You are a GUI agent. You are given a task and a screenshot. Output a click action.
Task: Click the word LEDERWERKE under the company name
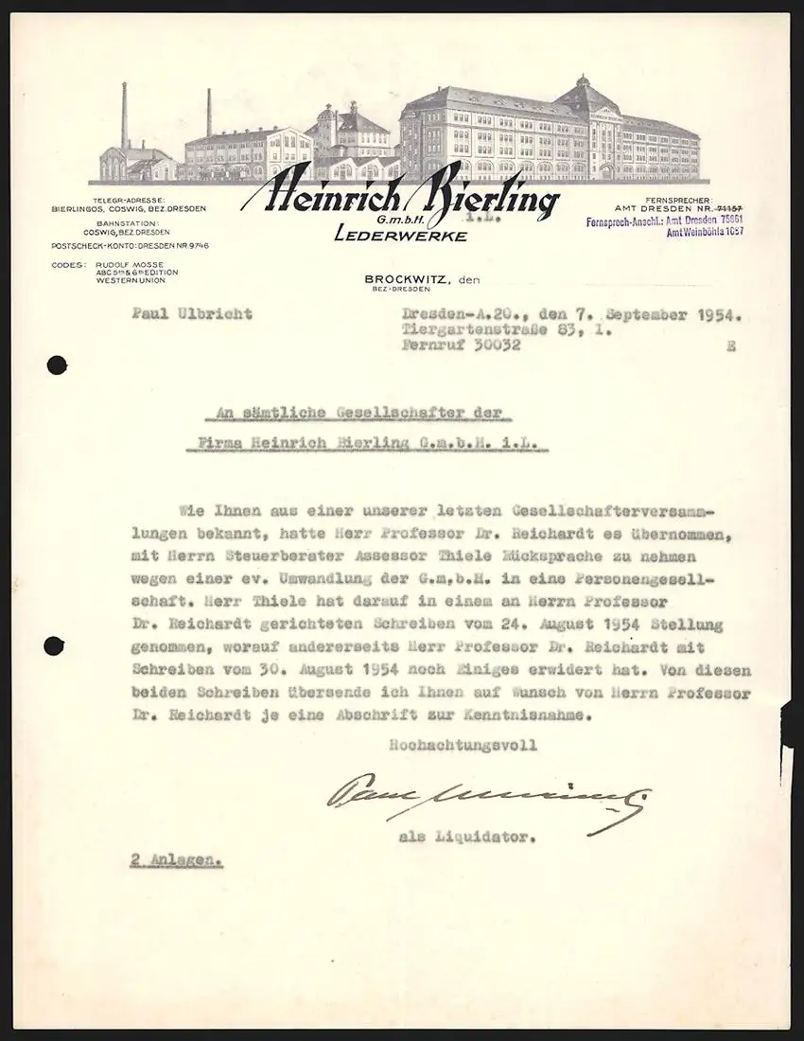click(400, 236)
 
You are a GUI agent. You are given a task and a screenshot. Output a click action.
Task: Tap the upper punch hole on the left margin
click(59, 363)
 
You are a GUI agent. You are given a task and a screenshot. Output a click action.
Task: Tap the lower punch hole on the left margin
click(54, 647)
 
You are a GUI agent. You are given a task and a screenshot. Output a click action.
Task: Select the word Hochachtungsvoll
click(463, 746)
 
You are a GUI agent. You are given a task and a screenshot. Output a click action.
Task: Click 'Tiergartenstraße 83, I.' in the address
click(508, 330)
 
